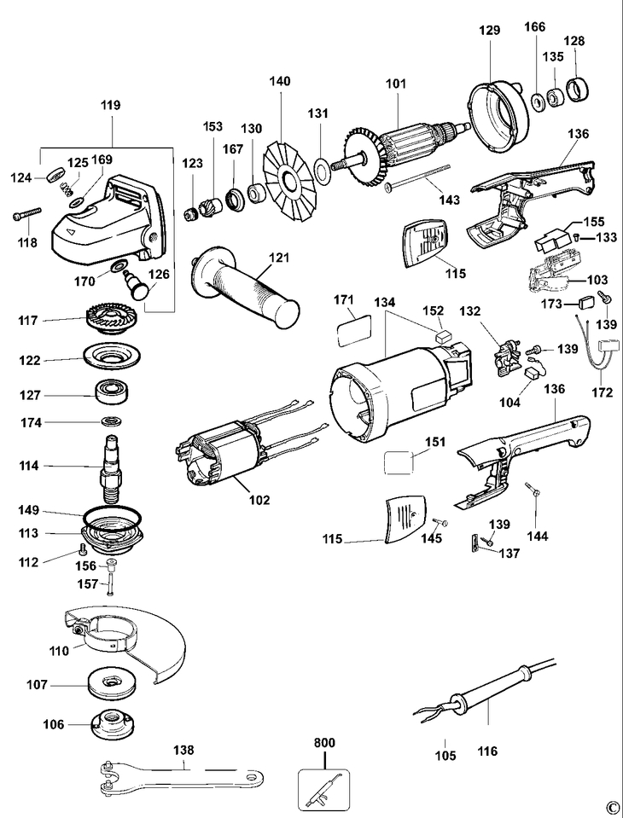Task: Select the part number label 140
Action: pos(280,82)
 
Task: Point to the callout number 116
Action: pos(488,751)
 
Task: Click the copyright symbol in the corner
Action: pos(611,807)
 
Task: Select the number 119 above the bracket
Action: pos(110,106)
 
